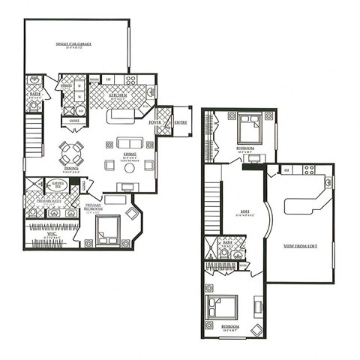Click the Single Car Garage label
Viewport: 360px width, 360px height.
(x=75, y=45)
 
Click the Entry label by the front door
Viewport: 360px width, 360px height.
(x=181, y=122)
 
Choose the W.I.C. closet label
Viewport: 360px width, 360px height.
(x=51, y=234)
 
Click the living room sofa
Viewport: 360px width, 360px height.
(x=128, y=142)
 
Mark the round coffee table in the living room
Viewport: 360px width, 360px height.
(x=128, y=168)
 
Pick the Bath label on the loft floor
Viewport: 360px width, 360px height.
(x=227, y=242)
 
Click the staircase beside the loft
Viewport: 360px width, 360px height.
(x=212, y=202)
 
